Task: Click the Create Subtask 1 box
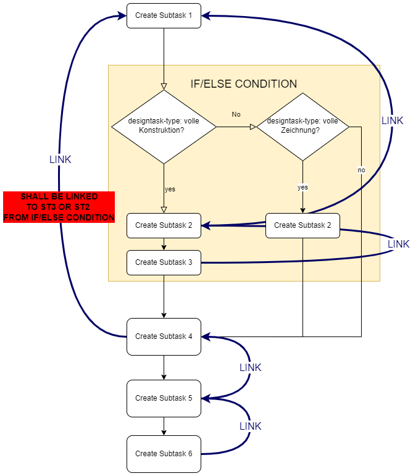click(x=164, y=15)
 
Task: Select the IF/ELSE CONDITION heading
click(x=244, y=84)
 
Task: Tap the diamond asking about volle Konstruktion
click(x=164, y=127)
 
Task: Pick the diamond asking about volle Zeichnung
click(x=302, y=127)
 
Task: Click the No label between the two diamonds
click(x=236, y=114)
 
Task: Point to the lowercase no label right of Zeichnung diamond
click(x=361, y=170)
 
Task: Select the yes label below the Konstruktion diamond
click(x=170, y=189)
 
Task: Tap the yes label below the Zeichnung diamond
click(x=302, y=187)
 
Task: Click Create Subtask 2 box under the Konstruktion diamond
click(x=164, y=225)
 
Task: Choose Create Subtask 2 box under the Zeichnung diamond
click(x=302, y=225)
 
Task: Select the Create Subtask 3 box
click(x=164, y=262)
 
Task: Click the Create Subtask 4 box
click(x=164, y=336)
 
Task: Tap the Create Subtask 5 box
click(x=164, y=398)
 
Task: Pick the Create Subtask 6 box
click(x=164, y=454)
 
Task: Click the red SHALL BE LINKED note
click(x=59, y=207)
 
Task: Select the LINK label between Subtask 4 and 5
click(x=250, y=367)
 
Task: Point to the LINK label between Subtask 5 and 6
click(x=250, y=426)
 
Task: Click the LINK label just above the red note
click(x=60, y=159)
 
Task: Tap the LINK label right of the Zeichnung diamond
click(x=392, y=120)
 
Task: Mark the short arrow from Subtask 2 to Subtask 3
click(x=164, y=244)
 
